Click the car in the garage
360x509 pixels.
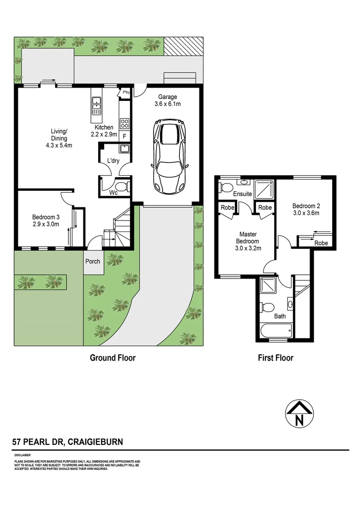(x=169, y=157)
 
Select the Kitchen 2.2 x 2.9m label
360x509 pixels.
(x=104, y=131)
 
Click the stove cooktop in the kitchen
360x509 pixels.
(x=125, y=123)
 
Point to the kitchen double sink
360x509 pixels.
(x=97, y=107)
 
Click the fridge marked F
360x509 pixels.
(x=124, y=137)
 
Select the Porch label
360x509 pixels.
(x=93, y=261)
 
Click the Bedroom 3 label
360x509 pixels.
(x=46, y=221)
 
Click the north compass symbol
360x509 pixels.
(x=299, y=414)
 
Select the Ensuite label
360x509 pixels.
(x=242, y=194)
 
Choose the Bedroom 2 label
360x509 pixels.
(x=306, y=209)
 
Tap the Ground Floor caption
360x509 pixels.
(x=113, y=358)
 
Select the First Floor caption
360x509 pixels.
(x=275, y=358)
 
